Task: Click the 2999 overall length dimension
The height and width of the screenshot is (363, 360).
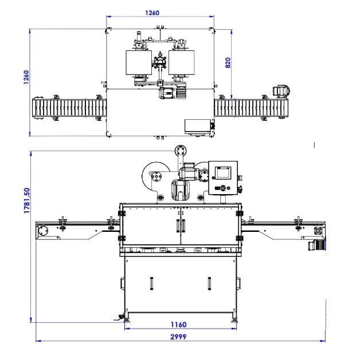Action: point(178,337)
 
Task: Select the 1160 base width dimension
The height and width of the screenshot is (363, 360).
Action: point(178,325)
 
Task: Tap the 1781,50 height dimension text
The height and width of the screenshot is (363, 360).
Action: point(27,200)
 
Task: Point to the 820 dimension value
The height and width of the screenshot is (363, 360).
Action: point(228,63)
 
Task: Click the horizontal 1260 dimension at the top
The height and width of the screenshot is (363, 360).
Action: point(152,13)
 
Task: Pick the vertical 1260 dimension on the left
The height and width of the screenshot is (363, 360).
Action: point(26,77)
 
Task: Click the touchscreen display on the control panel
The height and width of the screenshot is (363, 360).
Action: point(223,173)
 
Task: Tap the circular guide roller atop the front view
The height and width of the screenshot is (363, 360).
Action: point(181,151)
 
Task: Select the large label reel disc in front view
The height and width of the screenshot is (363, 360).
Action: point(155,176)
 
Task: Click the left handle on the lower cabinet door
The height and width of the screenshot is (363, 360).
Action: point(151,283)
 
